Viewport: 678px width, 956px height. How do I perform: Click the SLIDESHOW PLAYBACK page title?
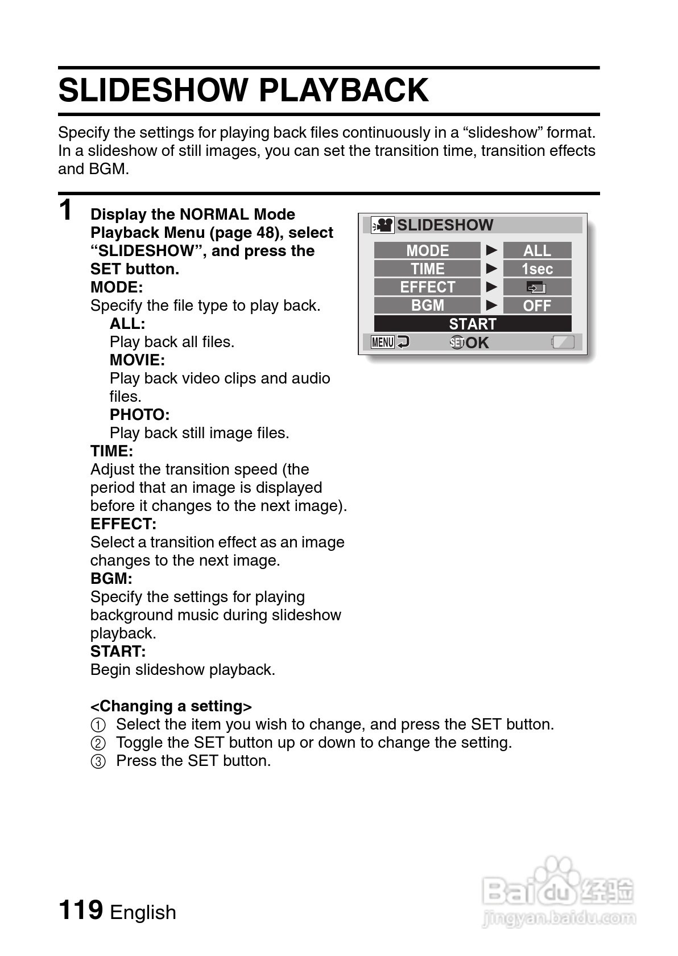[x=243, y=90]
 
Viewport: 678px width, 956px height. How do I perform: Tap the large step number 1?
[x=67, y=209]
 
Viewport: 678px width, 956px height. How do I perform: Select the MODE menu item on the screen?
[x=427, y=250]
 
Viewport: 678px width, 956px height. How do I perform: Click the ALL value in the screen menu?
[x=537, y=250]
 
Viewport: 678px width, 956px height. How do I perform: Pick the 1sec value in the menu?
[x=537, y=269]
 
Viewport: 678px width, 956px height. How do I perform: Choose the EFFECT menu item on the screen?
[x=427, y=287]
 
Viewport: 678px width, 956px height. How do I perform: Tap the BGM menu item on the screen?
[x=427, y=305]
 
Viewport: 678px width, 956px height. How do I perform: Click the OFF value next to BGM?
[x=537, y=306]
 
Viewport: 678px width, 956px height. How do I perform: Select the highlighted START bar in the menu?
[x=472, y=324]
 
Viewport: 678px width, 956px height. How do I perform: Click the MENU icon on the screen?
[x=382, y=342]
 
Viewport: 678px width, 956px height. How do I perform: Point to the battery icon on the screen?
[x=563, y=342]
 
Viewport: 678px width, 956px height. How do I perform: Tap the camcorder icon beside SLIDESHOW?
[x=382, y=225]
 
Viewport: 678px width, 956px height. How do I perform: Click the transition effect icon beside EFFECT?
[x=536, y=287]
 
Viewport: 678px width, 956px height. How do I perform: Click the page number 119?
[x=81, y=909]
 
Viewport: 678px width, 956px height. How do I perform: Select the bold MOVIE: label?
[x=137, y=360]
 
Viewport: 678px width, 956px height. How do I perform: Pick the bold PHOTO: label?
[x=139, y=415]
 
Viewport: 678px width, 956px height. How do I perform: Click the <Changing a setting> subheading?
[x=171, y=706]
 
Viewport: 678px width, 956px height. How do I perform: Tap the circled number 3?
[x=98, y=761]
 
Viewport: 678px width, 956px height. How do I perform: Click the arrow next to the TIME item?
[x=491, y=269]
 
